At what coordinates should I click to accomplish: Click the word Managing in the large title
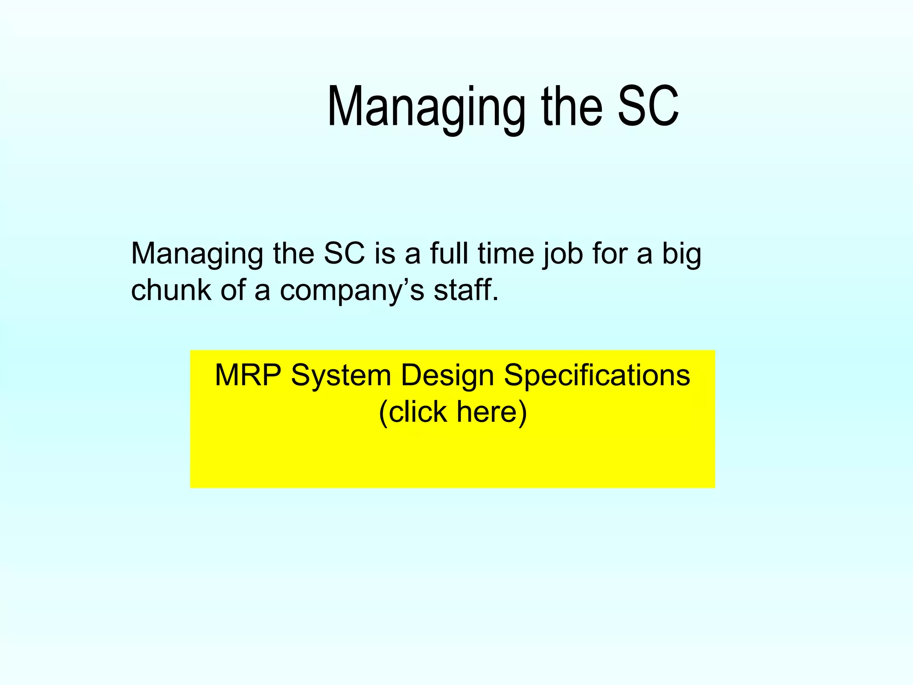click(x=426, y=108)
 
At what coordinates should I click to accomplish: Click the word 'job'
click(x=563, y=254)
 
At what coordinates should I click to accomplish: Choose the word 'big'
click(x=682, y=254)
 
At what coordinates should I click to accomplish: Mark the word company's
click(x=352, y=291)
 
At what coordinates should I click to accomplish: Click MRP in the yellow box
click(x=247, y=375)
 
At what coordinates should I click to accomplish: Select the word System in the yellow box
click(x=341, y=376)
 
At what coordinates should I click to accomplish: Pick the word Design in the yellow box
click(x=447, y=376)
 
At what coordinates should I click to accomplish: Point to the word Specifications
click(x=597, y=376)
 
